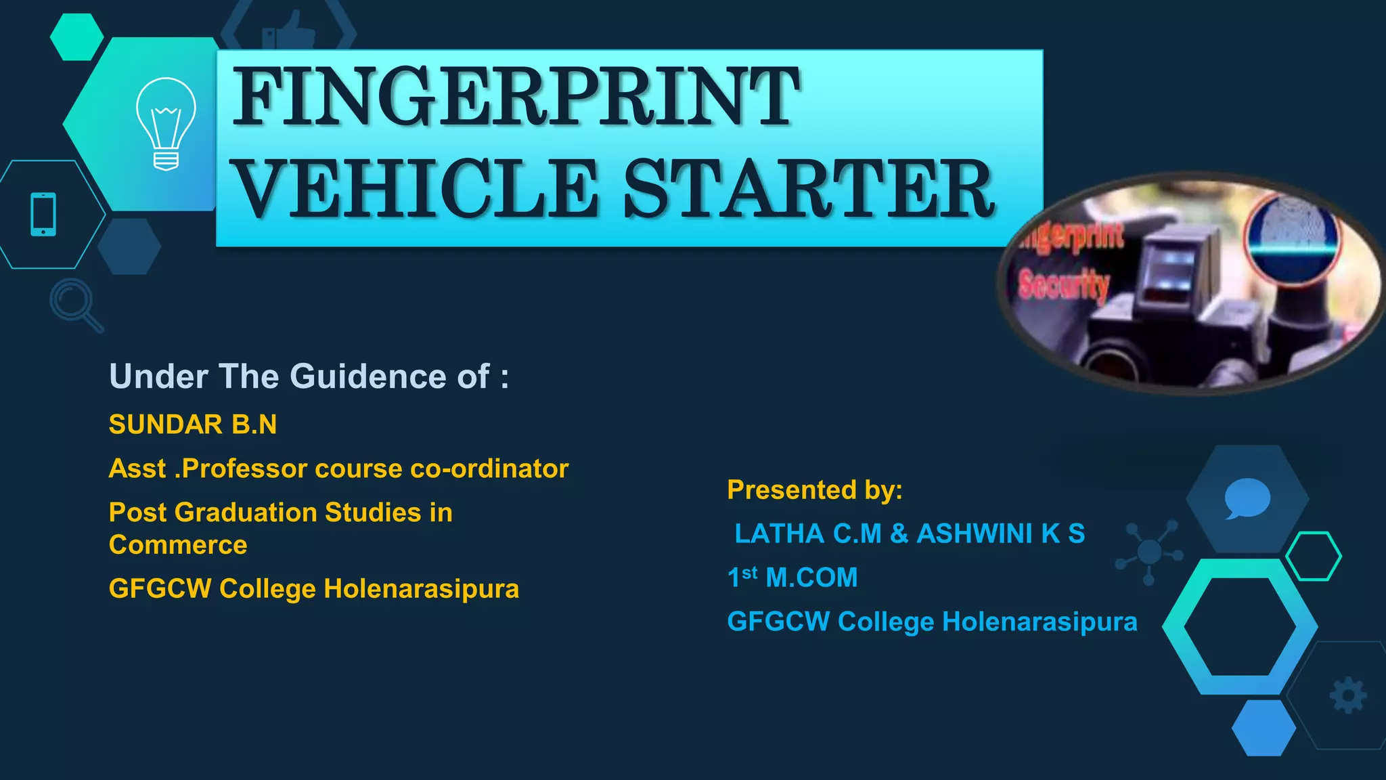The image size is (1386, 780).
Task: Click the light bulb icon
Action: pos(166,123)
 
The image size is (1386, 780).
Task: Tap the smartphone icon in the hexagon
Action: pos(43,215)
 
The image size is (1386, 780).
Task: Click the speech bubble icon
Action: pos(1247,498)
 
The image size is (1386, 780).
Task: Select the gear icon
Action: pos(1347,695)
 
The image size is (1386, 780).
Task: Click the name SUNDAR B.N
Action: pos(193,425)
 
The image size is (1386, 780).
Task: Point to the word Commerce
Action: pos(178,545)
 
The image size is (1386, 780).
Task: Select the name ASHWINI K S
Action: pos(1000,534)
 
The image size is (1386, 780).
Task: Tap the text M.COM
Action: pos(811,578)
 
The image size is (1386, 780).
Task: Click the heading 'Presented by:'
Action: pos(815,490)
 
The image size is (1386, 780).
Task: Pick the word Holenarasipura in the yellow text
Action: pos(421,588)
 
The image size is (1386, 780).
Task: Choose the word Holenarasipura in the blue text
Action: pos(1039,622)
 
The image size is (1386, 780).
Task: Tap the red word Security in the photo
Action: pos(1064,284)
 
